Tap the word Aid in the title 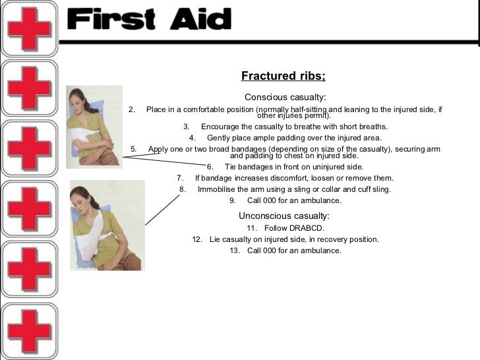pyautogui.click(x=197, y=21)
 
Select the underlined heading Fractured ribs pyautogui.click(x=283, y=76)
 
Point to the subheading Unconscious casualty pyautogui.click(x=284, y=216)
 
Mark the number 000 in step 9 pyautogui.click(x=270, y=200)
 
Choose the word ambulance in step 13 pyautogui.click(x=321, y=251)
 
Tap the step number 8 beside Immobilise pyautogui.click(x=183, y=189)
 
